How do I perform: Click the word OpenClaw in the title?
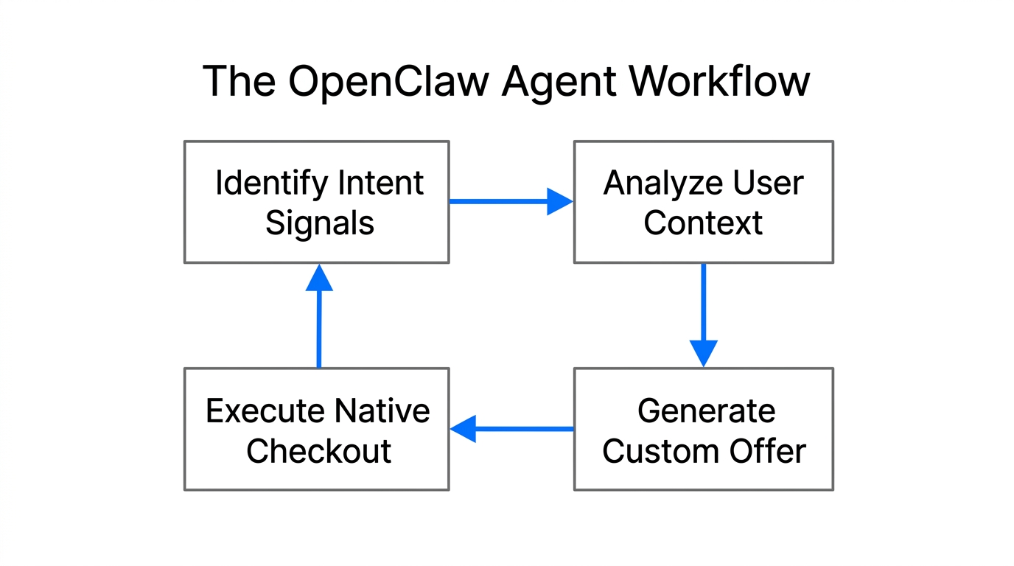(388, 81)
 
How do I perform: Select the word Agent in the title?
(558, 83)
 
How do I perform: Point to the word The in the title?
(239, 81)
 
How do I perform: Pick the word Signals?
(319, 223)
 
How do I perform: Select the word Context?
(702, 223)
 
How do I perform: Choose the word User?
(772, 183)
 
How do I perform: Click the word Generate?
(706, 410)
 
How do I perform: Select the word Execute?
(265, 410)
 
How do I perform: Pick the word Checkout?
(318, 451)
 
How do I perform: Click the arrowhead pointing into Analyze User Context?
(560, 201)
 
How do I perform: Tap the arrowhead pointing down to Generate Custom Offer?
(703, 352)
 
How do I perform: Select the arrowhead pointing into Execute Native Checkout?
(464, 428)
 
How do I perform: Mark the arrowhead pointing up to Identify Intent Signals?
(319, 279)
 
